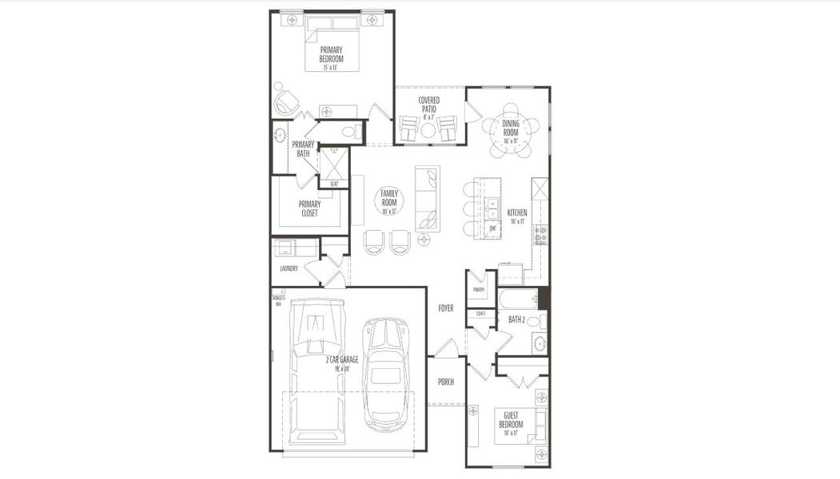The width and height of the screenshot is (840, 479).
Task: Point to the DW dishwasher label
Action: click(493, 229)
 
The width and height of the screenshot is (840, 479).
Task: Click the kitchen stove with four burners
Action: click(541, 233)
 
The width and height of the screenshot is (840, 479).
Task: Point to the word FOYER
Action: click(445, 308)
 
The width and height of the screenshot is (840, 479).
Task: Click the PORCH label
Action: click(445, 382)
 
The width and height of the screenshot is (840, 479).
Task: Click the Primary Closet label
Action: click(309, 208)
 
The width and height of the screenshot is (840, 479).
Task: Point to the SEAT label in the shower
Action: click(334, 184)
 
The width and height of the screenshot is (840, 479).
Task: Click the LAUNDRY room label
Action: click(289, 269)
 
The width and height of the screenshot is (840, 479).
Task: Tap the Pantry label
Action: click(480, 290)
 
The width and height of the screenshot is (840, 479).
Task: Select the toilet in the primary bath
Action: click(349, 131)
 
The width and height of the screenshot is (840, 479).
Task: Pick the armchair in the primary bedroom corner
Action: click(287, 102)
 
